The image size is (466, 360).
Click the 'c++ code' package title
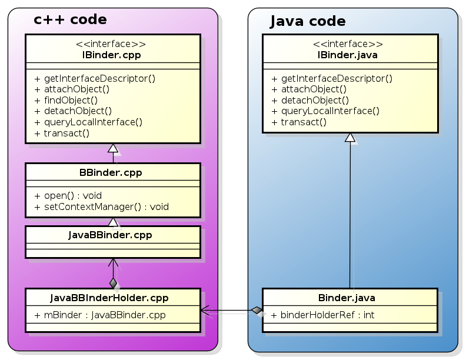point(70,20)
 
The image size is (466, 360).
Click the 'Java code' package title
point(307,22)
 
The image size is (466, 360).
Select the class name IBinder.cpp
point(111,55)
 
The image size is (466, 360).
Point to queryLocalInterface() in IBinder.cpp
point(92,122)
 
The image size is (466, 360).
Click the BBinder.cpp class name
point(111,173)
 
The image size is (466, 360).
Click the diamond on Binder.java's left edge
point(256,310)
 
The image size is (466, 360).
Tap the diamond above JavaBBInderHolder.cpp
point(113,282)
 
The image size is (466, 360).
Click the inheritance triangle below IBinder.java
point(350,138)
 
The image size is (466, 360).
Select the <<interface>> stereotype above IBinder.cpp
point(111,44)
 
